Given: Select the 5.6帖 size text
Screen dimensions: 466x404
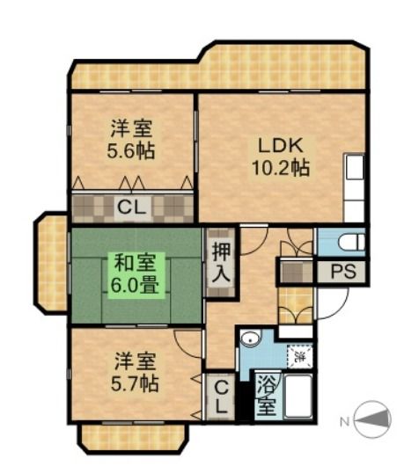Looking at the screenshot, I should pyautogui.click(x=131, y=150).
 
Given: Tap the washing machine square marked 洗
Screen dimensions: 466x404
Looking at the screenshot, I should pyautogui.click(x=301, y=357).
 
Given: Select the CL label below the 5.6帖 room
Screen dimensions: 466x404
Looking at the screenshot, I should pyautogui.click(x=133, y=208).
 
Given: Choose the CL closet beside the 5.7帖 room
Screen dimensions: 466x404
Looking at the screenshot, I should pyautogui.click(x=218, y=397).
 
